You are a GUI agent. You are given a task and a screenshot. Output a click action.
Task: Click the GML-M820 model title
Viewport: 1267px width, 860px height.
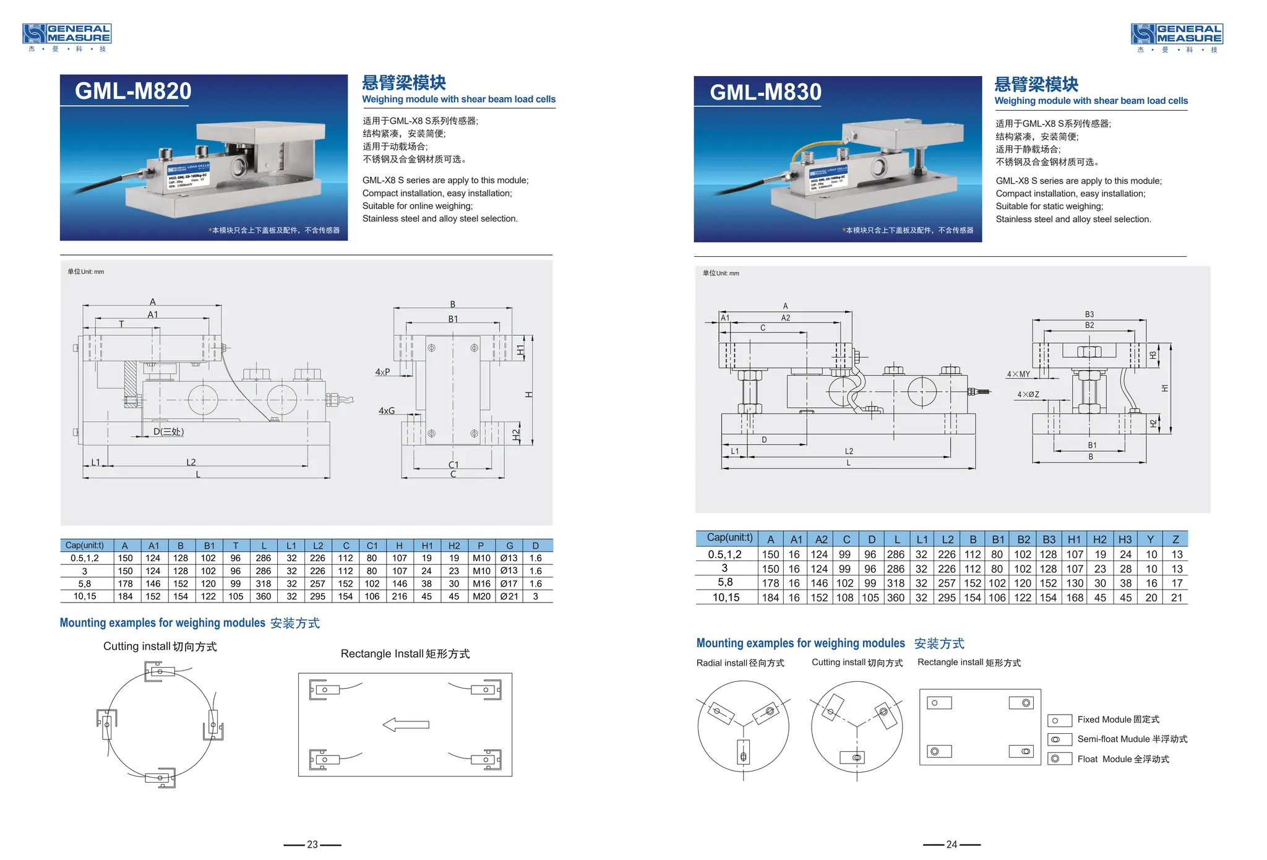pos(133,91)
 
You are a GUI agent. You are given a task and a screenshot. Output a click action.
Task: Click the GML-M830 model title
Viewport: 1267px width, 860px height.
pos(765,92)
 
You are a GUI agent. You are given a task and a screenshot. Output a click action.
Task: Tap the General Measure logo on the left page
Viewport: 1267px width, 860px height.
pos(67,37)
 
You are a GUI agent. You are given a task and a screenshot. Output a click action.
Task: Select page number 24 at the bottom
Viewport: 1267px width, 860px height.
pos(951,845)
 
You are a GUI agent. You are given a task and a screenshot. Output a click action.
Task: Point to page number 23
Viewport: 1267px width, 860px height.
pos(312,845)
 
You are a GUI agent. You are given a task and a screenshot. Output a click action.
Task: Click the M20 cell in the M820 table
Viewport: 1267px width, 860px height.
pos(481,596)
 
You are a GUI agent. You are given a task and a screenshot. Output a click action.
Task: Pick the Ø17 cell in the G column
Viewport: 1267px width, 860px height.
pos(509,583)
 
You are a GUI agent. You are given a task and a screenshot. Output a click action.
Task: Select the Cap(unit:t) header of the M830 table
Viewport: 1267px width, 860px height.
pos(729,538)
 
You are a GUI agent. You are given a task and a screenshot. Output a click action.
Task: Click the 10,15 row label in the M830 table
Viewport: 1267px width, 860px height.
pos(726,598)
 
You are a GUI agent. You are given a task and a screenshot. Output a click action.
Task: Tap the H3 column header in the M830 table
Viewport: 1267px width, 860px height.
pos(1125,540)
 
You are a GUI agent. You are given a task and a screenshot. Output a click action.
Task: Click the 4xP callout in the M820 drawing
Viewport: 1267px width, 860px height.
pos(382,372)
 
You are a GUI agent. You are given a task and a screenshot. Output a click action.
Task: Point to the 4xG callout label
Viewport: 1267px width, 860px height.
pos(386,411)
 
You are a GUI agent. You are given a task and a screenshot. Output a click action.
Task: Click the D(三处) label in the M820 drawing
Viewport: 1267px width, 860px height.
pos(168,432)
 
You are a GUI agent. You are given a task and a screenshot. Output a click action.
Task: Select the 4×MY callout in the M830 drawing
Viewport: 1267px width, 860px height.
pos(1018,374)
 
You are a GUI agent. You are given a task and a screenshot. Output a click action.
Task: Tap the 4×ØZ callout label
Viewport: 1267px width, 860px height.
pos(1028,395)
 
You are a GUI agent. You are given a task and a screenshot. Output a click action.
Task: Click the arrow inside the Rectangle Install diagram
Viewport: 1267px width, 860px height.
pos(406,725)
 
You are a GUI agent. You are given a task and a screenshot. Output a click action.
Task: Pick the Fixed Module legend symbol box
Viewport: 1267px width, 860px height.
pos(1060,720)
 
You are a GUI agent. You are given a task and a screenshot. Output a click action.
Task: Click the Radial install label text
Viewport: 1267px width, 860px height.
pos(740,663)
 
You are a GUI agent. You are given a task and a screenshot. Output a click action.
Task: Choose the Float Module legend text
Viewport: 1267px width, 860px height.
pos(1123,759)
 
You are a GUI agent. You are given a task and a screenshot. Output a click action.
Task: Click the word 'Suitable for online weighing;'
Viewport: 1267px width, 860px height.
pos(418,206)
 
